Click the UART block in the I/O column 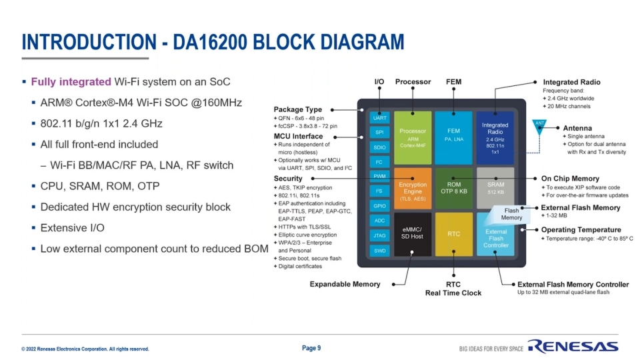coord(379,118)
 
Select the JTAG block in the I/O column coord(379,235)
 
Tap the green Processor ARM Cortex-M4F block coord(413,137)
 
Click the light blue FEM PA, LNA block coord(453,137)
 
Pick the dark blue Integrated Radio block coord(495,137)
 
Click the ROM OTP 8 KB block coord(453,189)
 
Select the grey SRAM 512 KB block coord(495,187)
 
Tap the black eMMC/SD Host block coord(412,234)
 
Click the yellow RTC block coord(453,234)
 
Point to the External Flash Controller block coord(495,238)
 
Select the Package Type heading coord(297,109)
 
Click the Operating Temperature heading coord(581,230)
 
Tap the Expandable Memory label coord(345,284)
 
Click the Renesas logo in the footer coord(573,347)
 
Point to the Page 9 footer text coord(311,348)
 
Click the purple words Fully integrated coord(71,82)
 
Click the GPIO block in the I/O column coord(379,206)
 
